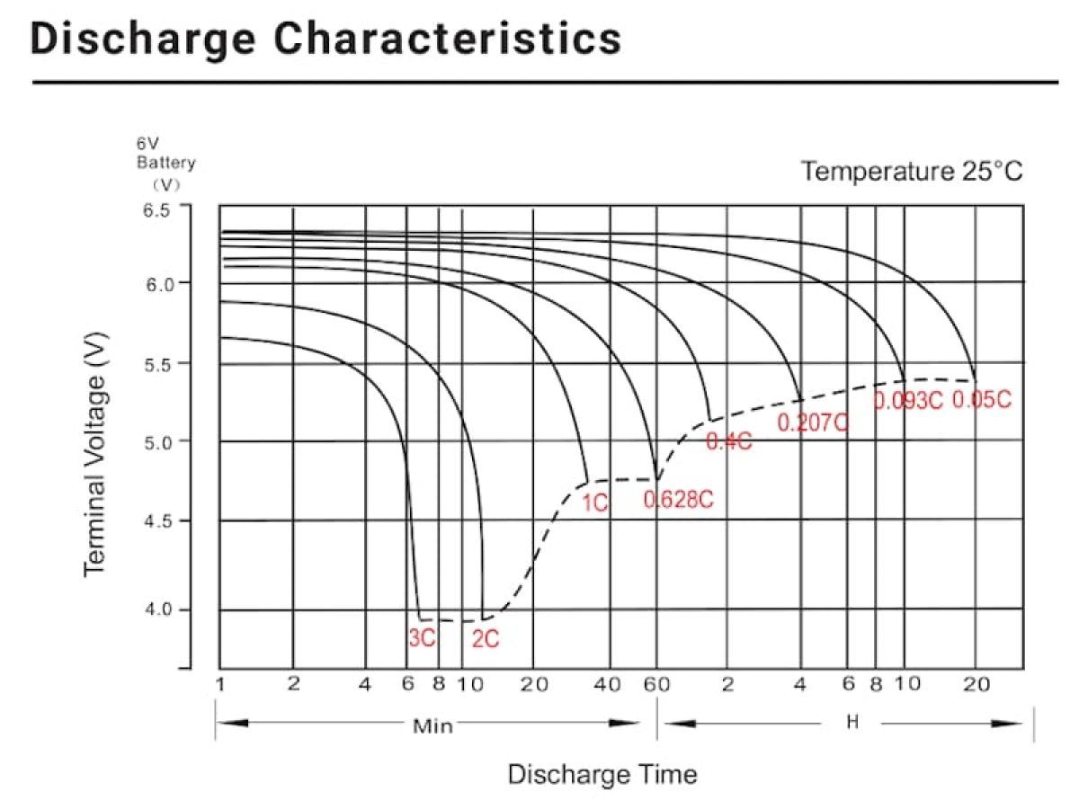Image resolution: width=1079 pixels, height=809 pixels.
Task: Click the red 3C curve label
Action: point(422,638)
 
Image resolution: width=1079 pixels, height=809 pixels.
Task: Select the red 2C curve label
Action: point(486,639)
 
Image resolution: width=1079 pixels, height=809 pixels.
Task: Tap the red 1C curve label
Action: point(595,503)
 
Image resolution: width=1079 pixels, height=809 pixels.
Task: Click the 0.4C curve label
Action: point(728,442)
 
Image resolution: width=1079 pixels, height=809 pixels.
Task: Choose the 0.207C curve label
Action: point(813,422)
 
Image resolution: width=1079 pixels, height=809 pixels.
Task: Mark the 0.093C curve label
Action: point(908,401)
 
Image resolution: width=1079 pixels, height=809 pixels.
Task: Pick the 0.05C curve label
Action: point(982,400)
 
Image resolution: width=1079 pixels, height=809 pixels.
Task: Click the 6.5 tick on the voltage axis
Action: point(156,210)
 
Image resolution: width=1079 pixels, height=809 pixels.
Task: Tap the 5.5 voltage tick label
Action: point(156,363)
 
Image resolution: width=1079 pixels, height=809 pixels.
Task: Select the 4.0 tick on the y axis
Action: point(156,610)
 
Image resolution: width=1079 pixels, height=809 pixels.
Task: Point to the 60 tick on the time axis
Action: point(656,685)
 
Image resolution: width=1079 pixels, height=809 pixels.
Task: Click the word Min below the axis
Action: point(432,725)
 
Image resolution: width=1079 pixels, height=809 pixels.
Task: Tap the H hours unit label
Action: point(852,723)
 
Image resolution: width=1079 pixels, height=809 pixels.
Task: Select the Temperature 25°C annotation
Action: point(912,171)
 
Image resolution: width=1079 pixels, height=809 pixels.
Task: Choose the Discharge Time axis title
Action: point(602,774)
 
